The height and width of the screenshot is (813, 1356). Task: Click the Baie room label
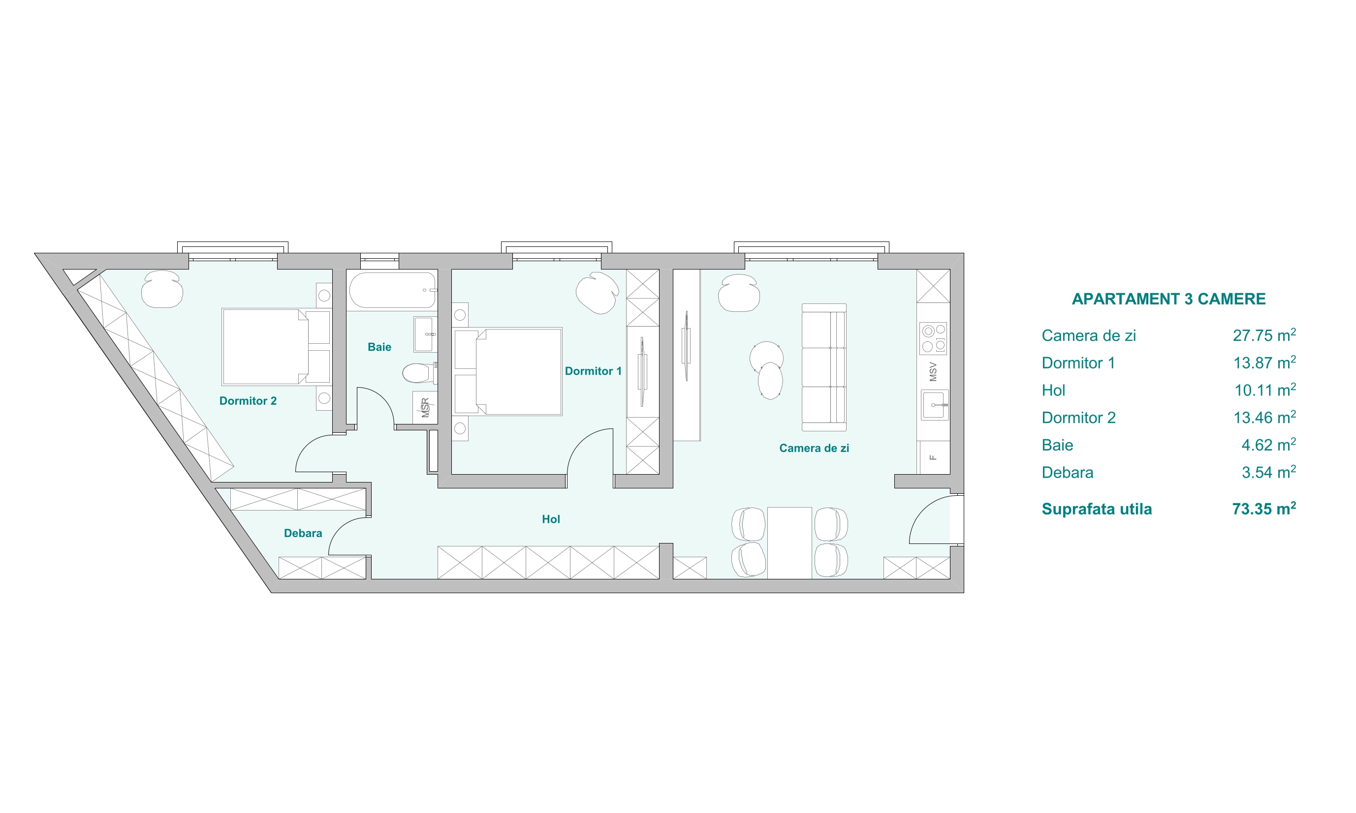point(379,347)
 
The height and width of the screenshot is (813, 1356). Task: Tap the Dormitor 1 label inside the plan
point(593,371)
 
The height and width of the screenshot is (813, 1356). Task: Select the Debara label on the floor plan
point(303,533)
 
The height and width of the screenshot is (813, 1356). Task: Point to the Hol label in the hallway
point(551,519)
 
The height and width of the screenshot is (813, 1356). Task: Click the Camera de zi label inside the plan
point(814,448)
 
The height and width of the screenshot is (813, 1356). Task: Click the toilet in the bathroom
point(420,373)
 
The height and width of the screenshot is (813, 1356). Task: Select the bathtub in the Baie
point(392,290)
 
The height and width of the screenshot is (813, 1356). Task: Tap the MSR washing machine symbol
point(425,407)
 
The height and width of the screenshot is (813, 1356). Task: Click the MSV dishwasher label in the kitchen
point(933,372)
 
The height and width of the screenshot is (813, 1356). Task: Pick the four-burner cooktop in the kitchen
point(933,338)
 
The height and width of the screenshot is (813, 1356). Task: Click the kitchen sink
point(935,405)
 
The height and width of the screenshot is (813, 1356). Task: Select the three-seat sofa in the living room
point(824,367)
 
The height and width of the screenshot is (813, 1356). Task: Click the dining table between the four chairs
point(789,542)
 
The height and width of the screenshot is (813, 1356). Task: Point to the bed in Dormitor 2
point(276,347)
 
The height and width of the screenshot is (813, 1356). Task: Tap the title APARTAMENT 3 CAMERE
point(1168,299)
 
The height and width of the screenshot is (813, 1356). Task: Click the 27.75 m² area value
point(1264,335)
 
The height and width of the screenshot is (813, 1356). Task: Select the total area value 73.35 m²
point(1264,509)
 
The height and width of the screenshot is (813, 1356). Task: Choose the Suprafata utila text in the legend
point(1097,510)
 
